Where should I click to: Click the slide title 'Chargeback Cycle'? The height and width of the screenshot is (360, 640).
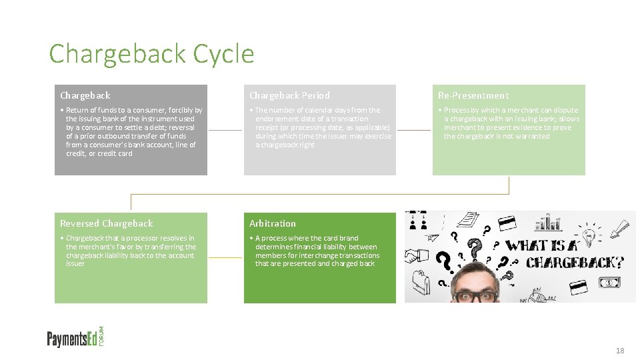pyautogui.click(x=151, y=53)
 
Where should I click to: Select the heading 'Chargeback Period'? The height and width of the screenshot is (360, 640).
pyautogui.click(x=289, y=95)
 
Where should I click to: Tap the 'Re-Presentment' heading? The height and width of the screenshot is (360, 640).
pyautogui.click(x=473, y=95)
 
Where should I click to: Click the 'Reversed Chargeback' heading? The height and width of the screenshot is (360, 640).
pyautogui.click(x=107, y=223)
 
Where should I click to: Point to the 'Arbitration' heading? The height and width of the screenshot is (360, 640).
pyautogui.click(x=273, y=223)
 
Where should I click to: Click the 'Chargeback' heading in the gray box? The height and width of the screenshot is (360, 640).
pyautogui.click(x=85, y=95)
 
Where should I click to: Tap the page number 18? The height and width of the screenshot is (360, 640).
pyautogui.click(x=620, y=351)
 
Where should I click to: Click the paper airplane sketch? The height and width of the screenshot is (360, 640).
pyautogui.click(x=433, y=236)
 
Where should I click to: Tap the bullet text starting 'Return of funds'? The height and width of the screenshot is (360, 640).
pyautogui.click(x=133, y=131)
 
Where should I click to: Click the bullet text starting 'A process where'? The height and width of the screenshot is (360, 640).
pyautogui.click(x=317, y=251)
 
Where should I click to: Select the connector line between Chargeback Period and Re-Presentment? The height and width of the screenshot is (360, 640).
pyautogui.click(x=414, y=130)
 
